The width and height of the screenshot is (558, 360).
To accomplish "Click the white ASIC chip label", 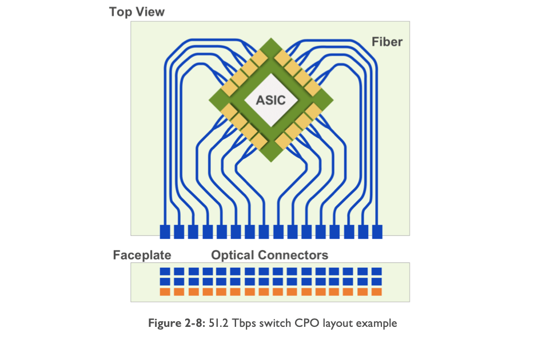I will (270, 101).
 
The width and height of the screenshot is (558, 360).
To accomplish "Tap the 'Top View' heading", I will (137, 11).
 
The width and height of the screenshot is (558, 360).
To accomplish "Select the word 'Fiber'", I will (387, 42).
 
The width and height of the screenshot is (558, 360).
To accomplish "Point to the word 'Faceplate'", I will (142, 255).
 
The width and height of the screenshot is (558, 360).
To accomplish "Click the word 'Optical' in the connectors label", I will (232, 255).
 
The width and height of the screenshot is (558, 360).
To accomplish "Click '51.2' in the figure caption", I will (211, 323).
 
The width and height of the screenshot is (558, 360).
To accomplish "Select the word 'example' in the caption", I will (377, 323).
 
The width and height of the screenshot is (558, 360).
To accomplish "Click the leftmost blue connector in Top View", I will (165, 231).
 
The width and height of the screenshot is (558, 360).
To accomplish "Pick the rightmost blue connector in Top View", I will (377, 231).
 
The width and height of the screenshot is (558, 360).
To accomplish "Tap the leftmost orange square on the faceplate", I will (165, 292).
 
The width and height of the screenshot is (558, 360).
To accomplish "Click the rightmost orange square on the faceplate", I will (377, 292).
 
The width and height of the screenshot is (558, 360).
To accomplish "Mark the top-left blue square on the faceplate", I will (165, 271).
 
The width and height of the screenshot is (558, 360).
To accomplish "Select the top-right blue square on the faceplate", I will (377, 271).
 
